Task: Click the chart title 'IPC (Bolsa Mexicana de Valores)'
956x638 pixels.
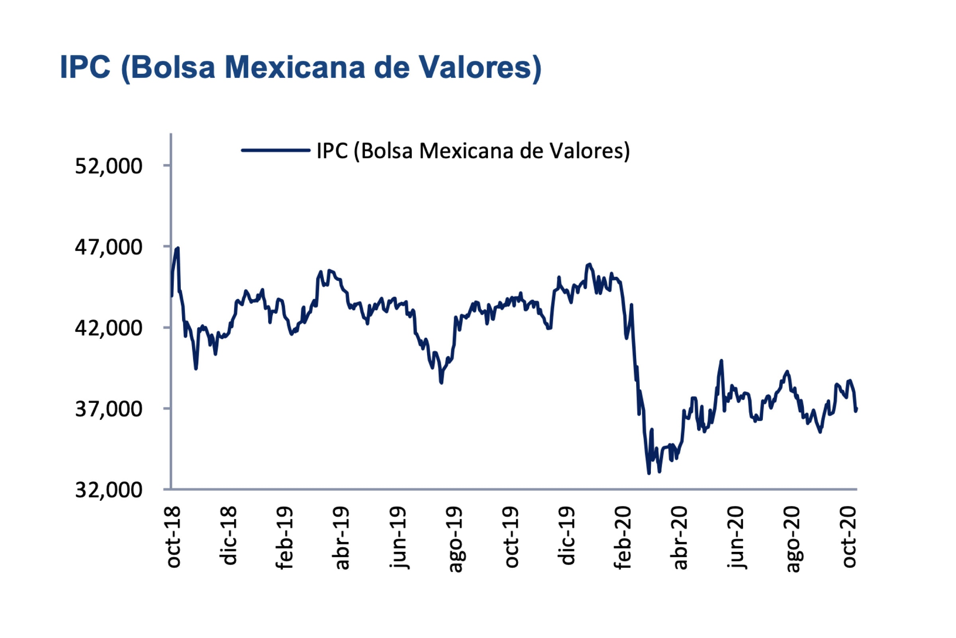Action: pos(300,67)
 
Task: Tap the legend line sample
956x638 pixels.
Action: pos(276,150)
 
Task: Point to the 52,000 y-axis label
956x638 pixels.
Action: pos(108,166)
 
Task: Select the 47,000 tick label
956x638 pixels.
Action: pos(108,247)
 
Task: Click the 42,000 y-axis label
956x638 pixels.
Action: pos(108,328)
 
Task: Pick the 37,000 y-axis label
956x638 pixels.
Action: pos(108,409)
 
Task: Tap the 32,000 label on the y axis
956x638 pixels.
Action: pos(108,490)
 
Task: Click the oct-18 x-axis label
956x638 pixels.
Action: pos(174,537)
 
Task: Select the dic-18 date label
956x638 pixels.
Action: pos(230,536)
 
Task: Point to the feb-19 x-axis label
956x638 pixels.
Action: pos(286,538)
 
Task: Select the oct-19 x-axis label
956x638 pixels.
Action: pos(512,537)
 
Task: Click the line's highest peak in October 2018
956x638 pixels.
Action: pos(178,248)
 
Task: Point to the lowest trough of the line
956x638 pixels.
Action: pos(649,473)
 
